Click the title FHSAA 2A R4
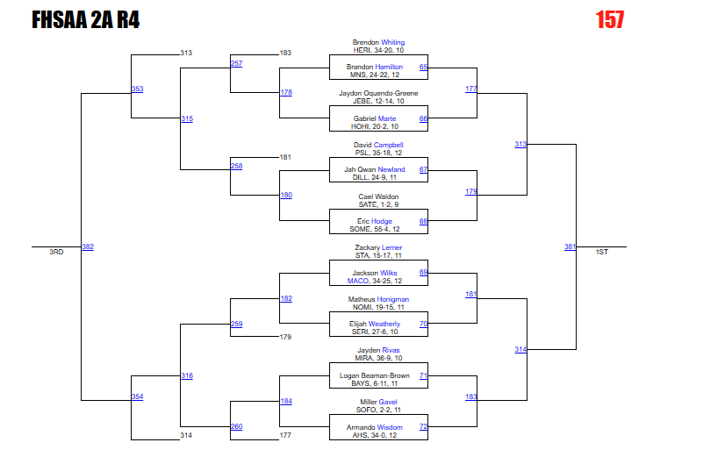(85, 20)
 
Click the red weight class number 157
(609, 19)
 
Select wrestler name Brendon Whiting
(378, 42)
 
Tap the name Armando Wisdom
(378, 427)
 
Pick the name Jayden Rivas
(378, 350)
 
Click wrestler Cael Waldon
(378, 196)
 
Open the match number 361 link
(570, 246)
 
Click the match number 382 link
(88, 246)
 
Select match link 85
(423, 67)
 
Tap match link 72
(423, 426)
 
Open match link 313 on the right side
(520, 144)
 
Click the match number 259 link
(236, 325)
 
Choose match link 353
(137, 89)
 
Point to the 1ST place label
(601, 253)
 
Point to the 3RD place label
(56, 253)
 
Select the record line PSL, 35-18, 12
(378, 153)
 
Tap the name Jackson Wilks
(375, 273)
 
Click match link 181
(471, 294)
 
